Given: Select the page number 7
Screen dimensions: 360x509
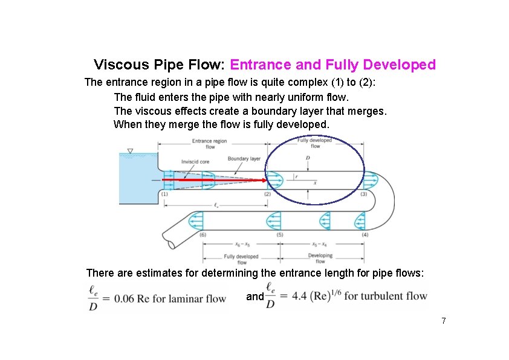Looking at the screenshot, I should pos(443,320).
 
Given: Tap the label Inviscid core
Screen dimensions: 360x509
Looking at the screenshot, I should pos(194,161).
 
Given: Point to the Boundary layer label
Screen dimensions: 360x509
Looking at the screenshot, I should pos(244,159).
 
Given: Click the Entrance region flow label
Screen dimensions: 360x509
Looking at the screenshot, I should pos(210,144).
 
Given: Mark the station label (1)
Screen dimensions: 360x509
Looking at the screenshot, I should pos(164,194).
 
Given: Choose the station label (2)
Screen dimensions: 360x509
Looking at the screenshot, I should pos(267,194).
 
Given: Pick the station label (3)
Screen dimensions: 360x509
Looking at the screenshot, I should pos(363,194).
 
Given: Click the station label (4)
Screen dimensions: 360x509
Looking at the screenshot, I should pos(364,234).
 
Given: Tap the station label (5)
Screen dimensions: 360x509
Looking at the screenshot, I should pos(279,234).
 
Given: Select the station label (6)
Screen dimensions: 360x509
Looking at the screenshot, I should pos(203,234).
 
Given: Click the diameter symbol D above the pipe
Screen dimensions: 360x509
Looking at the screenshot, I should pos(308,158).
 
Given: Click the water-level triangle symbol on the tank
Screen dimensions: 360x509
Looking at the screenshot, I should pos(130,150).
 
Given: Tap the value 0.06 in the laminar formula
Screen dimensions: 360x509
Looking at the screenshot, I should pos(118,298).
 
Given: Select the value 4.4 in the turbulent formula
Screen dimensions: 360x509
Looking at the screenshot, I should pos(300,296).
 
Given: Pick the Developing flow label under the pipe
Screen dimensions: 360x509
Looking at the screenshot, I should pos(320,259).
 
